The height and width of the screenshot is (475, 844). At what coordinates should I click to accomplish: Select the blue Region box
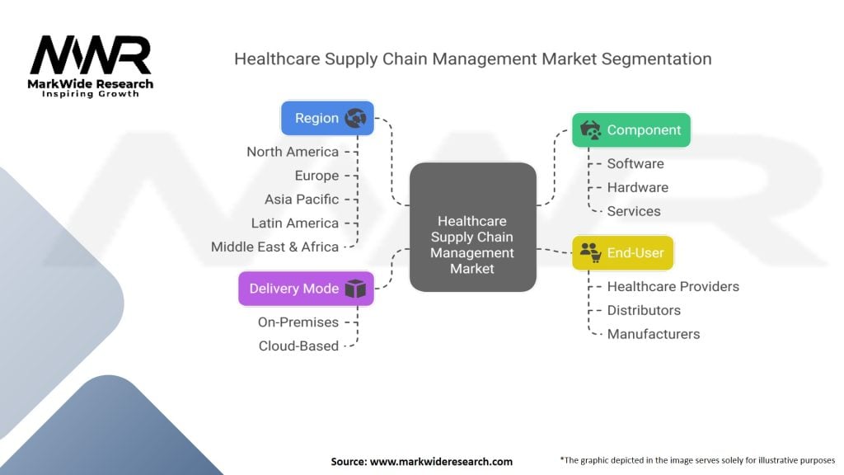(327, 118)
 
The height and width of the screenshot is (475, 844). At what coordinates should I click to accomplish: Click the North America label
(293, 152)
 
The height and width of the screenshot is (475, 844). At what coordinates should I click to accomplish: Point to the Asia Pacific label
(302, 200)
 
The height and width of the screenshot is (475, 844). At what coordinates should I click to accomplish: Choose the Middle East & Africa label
(274, 247)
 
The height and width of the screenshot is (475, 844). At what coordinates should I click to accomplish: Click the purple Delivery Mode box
(306, 289)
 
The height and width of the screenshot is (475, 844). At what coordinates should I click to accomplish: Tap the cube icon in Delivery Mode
(354, 289)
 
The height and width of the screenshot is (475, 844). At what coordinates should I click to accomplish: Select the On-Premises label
(298, 322)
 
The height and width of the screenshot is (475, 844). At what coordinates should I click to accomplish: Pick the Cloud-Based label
(298, 346)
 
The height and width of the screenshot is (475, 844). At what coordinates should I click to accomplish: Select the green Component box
(631, 129)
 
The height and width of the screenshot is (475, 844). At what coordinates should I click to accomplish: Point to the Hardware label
(638, 187)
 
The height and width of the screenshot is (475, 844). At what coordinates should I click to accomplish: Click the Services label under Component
(634, 211)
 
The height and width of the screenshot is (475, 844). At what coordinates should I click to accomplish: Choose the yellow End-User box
(622, 252)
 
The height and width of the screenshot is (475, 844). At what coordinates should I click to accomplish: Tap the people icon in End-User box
(589, 252)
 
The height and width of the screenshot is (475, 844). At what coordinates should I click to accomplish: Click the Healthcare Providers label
(673, 286)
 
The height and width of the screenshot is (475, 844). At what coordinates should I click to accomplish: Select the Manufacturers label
(654, 334)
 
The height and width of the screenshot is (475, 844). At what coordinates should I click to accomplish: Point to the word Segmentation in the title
(656, 59)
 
